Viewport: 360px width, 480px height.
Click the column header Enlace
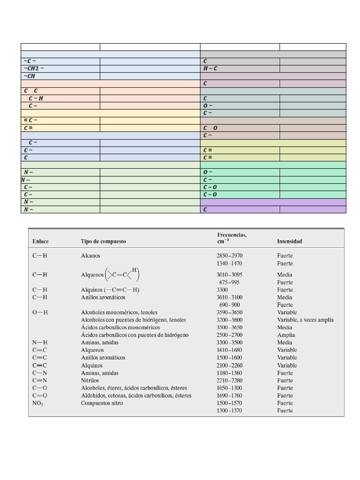tap(40, 241)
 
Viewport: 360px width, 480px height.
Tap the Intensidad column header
tap(289, 241)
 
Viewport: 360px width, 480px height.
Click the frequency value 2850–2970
tap(229, 256)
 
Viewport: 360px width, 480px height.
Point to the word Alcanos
tap(90, 256)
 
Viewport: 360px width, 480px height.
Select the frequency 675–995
tap(229, 282)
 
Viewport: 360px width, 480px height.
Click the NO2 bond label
tap(37, 403)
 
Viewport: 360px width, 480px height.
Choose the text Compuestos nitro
tap(102, 403)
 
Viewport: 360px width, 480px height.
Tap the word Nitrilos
tap(90, 381)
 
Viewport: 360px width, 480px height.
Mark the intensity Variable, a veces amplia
tap(305, 320)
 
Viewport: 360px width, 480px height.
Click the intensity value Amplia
tap(286, 335)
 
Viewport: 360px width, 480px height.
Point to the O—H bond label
tap(40, 312)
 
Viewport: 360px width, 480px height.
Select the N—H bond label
tap(40, 343)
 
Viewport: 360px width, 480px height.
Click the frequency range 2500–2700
tap(229, 335)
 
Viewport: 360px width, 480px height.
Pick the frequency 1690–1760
tap(229, 396)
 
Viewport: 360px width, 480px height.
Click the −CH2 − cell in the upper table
tap(34, 68)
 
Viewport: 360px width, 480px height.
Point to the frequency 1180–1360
tap(229, 373)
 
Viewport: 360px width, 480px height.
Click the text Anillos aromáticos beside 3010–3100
tap(103, 297)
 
